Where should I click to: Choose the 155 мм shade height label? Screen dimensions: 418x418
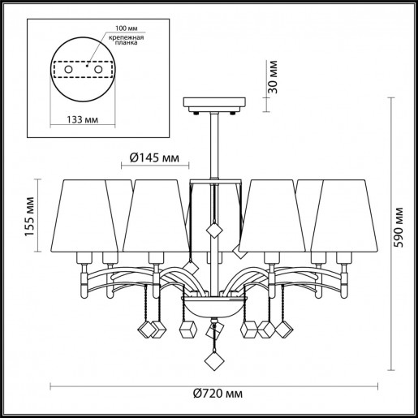[31, 217]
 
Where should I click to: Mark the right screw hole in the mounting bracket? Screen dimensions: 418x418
[99, 71]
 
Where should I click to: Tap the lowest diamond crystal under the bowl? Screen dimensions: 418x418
[216, 359]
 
